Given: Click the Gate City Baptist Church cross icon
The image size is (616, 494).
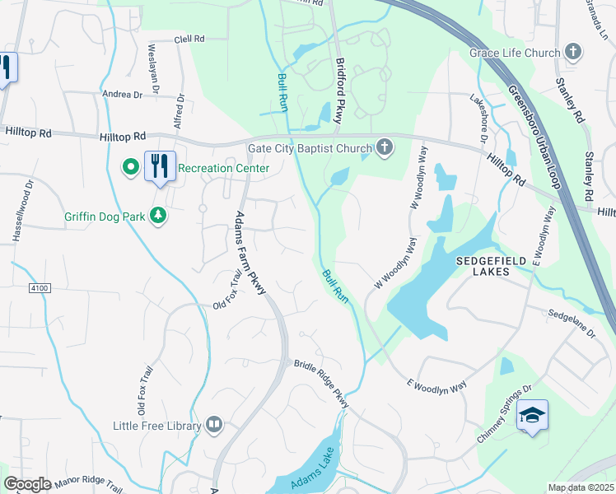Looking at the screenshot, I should (383, 148).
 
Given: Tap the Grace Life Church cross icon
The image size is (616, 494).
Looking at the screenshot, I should (573, 53).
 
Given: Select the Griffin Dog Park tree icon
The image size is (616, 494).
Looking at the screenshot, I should (158, 217).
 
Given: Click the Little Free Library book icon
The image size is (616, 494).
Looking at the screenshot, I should (214, 426).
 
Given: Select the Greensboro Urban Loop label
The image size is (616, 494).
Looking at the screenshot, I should (533, 135).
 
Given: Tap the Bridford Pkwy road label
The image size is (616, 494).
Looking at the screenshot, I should (338, 91).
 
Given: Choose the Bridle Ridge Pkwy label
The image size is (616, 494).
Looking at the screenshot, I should (323, 384).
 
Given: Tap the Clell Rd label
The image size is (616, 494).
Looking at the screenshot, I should (189, 39).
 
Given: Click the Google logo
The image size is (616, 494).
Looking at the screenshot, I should (27, 483).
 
